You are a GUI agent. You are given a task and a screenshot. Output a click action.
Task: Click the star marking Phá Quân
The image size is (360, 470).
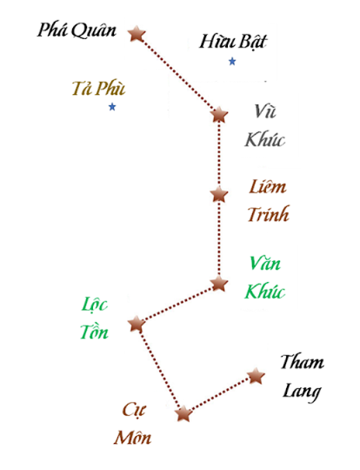tap(137, 33)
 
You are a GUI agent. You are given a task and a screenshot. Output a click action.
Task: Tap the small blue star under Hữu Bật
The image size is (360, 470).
tap(232, 62)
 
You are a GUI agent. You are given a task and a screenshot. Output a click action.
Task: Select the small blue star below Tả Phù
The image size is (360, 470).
tap(112, 107)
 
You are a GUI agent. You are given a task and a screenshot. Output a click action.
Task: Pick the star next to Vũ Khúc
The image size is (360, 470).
tap(219, 115)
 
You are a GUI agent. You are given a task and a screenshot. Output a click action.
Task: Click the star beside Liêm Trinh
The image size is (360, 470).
tap(219, 194)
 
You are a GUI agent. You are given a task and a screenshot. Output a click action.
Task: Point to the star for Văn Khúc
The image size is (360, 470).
tap(219, 284)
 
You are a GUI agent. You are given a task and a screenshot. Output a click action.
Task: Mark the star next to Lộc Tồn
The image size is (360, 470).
tap(137, 324)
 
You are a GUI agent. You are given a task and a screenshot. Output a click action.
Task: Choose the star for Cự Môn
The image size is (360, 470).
tap(183, 414)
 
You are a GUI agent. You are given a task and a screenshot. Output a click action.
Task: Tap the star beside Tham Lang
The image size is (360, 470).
tap(256, 376)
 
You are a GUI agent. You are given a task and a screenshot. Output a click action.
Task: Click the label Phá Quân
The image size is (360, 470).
tap(77, 30)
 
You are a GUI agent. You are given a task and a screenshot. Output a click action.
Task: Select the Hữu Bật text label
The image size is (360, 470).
tap(233, 42)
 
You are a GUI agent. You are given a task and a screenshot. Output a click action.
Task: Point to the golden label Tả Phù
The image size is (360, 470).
tap(98, 89)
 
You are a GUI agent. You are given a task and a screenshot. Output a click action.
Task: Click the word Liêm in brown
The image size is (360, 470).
tap(268, 187)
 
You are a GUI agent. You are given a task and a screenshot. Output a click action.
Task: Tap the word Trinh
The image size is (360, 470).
tap(269, 214)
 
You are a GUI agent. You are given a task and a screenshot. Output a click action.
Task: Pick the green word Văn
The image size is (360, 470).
tap(264, 264)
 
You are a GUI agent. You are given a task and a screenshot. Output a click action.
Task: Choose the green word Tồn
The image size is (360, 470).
tap(94, 332)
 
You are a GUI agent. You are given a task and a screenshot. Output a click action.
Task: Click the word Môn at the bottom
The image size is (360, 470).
tap(132, 437)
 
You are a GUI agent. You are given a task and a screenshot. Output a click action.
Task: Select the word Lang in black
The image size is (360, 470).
tap(302, 392)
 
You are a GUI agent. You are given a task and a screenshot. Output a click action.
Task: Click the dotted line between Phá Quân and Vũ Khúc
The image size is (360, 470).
tap(178, 74)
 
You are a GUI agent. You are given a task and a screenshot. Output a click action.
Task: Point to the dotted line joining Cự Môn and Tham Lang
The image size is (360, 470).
tap(219, 395)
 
